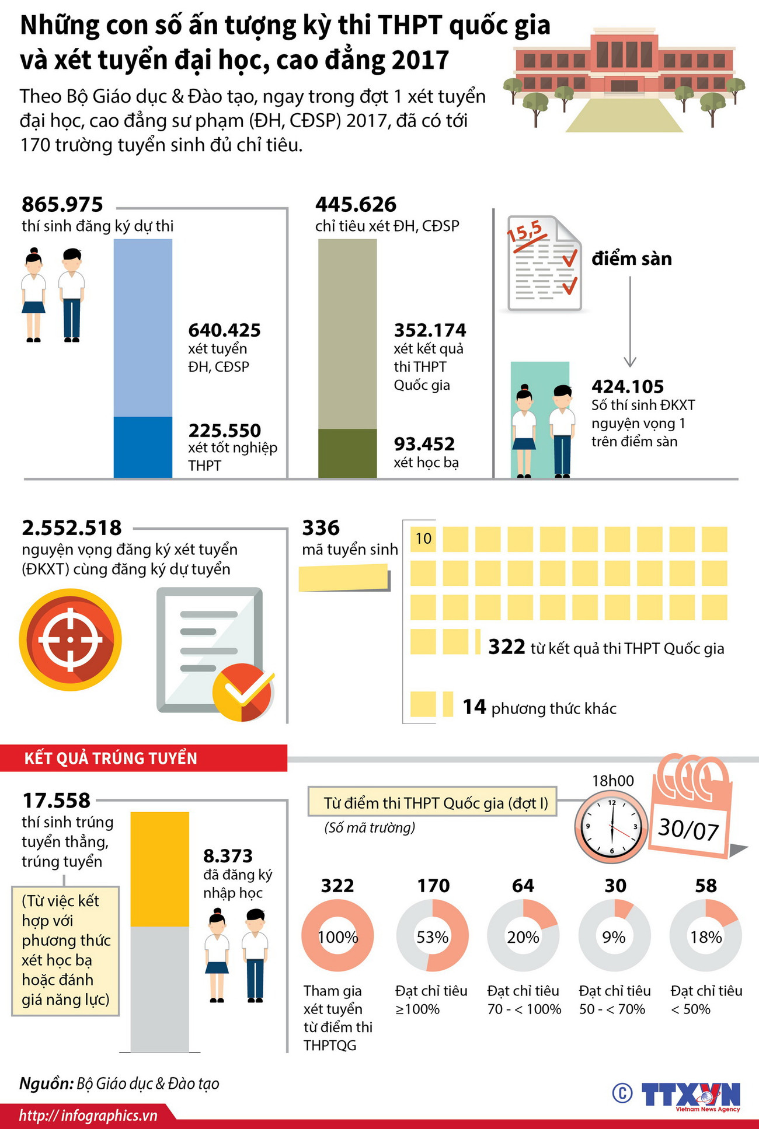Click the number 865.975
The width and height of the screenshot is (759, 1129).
tap(62, 205)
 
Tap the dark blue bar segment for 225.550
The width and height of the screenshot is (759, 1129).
tap(142, 447)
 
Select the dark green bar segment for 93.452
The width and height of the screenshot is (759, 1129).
tap(347, 453)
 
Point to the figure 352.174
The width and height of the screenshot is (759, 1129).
tap(430, 330)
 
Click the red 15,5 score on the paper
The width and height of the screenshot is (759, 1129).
tap(524, 231)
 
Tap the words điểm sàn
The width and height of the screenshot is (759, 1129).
tap(632, 258)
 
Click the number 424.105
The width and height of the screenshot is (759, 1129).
tap(628, 386)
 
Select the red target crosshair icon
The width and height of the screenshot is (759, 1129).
tap(71, 639)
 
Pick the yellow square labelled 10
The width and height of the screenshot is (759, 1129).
tap(423, 539)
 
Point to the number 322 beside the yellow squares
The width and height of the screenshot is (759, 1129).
tap(507, 647)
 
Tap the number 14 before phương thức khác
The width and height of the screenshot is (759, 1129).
tap(474, 707)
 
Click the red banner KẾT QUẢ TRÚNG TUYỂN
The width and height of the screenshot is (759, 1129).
tap(111, 758)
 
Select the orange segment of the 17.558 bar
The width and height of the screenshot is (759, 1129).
tap(159, 869)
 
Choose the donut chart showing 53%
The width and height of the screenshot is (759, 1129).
tap(432, 937)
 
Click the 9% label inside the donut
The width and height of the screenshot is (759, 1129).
tap(614, 937)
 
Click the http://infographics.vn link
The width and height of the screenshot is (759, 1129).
tap(88, 1116)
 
